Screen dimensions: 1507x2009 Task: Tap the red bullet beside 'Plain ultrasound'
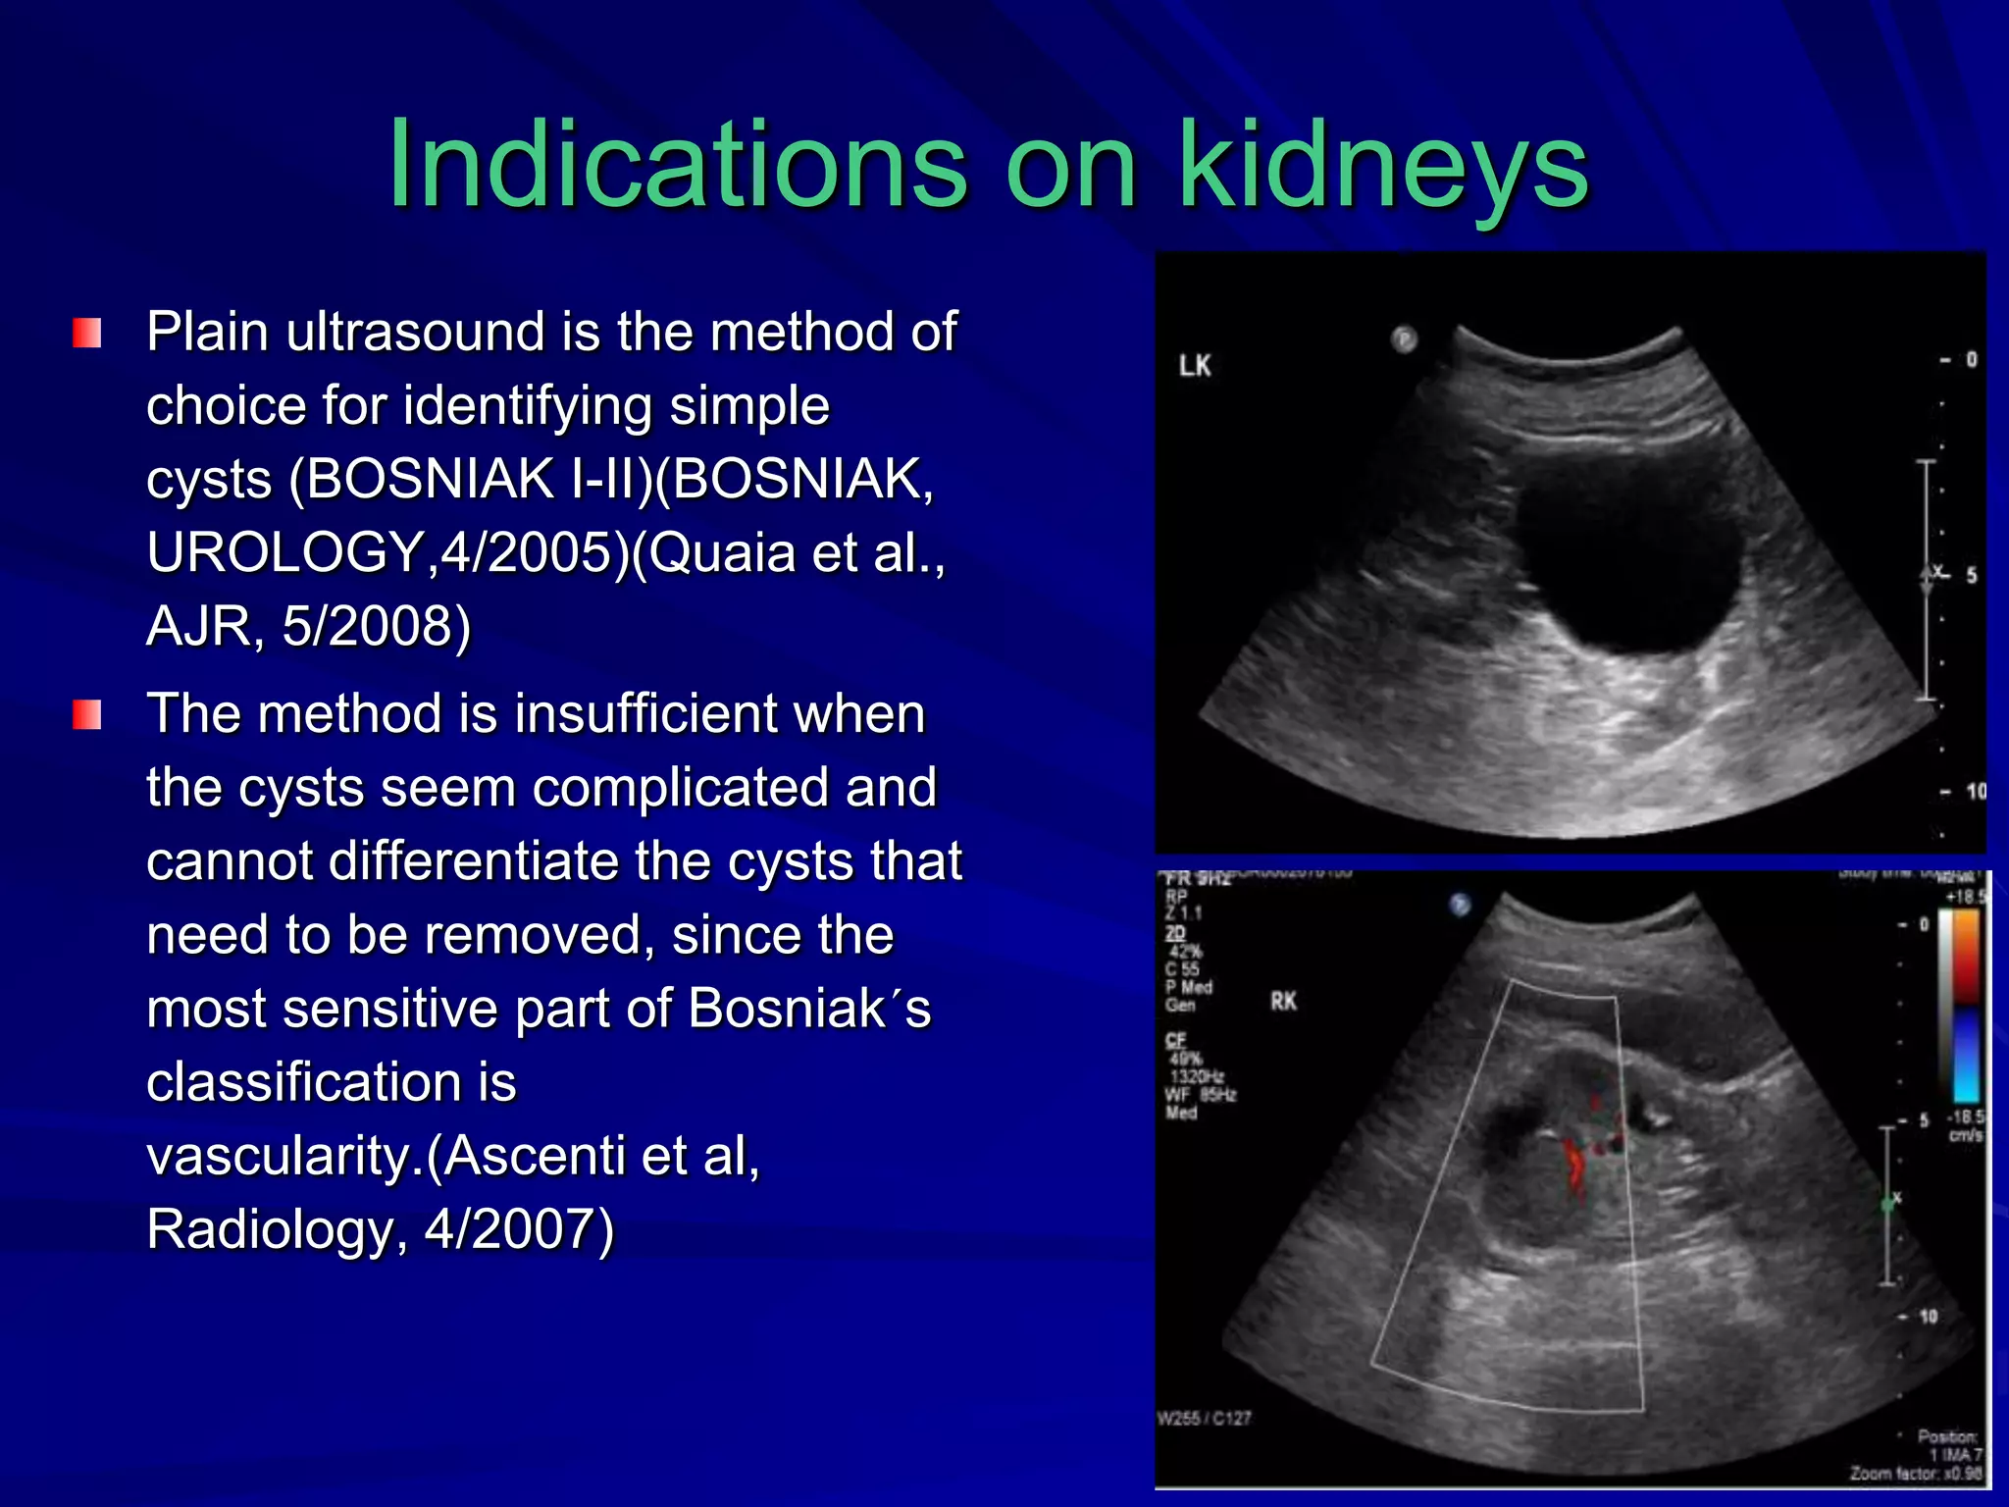click(x=87, y=334)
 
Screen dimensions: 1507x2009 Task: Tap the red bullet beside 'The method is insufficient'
click(x=87, y=715)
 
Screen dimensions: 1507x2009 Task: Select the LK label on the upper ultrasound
click(x=1195, y=366)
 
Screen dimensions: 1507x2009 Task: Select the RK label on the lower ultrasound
click(x=1283, y=1002)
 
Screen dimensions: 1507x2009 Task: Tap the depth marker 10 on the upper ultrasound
click(x=1975, y=791)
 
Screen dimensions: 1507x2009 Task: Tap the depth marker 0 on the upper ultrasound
click(x=1971, y=360)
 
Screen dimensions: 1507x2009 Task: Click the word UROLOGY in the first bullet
click(x=284, y=552)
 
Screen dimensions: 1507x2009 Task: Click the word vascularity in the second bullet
click(x=284, y=1156)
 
